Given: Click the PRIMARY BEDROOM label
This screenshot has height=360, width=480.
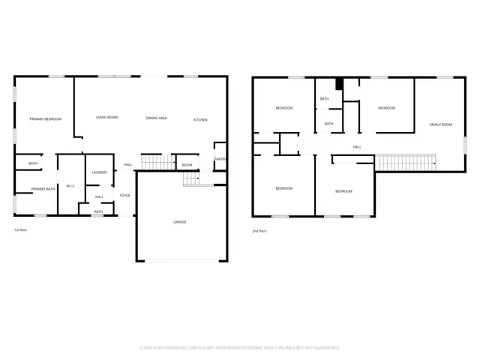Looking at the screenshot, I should click(x=45, y=119).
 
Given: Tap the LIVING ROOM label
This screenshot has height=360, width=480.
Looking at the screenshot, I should click(x=106, y=118).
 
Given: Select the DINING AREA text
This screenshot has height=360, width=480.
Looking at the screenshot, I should click(x=156, y=118).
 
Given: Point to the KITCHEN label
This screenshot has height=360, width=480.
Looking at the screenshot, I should click(x=200, y=120).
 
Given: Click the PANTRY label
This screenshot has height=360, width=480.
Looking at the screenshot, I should click(x=220, y=159).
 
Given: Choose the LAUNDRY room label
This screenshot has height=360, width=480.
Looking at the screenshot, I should click(x=99, y=172).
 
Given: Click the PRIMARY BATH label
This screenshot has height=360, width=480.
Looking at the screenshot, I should click(x=43, y=189).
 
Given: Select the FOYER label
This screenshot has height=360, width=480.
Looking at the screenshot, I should click(x=124, y=195).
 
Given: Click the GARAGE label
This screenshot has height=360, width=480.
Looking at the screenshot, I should click(x=180, y=222).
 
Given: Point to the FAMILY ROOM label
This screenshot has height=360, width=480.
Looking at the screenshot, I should click(x=440, y=124).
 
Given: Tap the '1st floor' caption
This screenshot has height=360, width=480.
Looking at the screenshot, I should click(x=20, y=229).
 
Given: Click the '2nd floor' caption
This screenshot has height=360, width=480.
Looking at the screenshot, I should click(x=259, y=231).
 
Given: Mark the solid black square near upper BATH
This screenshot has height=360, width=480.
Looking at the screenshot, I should click(x=339, y=85).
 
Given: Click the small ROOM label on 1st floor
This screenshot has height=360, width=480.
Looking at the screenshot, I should click(x=187, y=165).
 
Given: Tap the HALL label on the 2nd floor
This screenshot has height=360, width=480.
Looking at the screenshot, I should click(x=357, y=147).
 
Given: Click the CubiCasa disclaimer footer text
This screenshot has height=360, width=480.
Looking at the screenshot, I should click(x=239, y=348).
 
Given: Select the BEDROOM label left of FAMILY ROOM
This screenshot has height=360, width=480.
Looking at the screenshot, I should click(x=386, y=108).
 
